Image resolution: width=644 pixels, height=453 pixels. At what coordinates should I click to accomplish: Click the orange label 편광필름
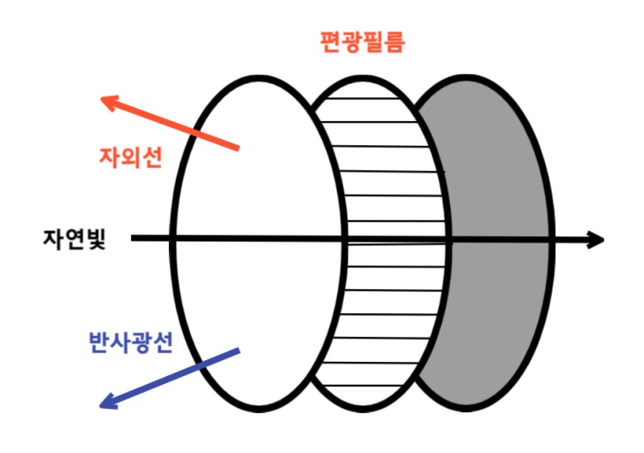pyautogui.click(x=362, y=42)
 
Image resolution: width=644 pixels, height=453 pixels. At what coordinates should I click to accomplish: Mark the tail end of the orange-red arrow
pyautogui.click(x=237, y=147)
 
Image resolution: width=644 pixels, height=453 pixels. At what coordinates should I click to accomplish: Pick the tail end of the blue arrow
pyautogui.click(x=237, y=352)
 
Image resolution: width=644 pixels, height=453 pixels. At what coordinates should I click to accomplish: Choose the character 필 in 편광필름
pyautogui.click(x=372, y=42)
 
